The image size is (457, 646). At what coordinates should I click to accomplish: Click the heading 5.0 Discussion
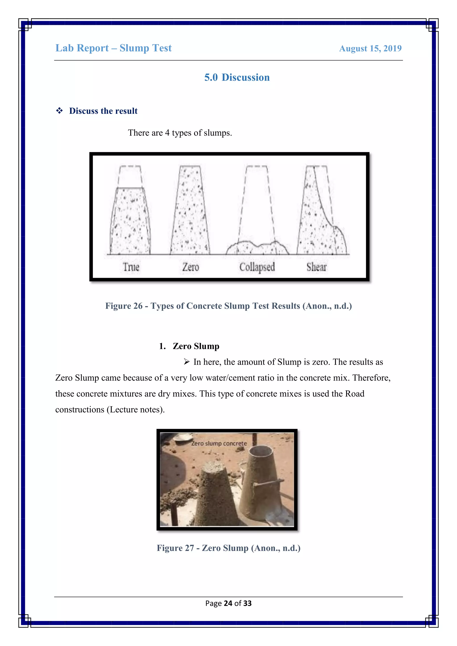click(237, 77)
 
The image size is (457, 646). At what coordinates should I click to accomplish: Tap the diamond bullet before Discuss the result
click(59, 111)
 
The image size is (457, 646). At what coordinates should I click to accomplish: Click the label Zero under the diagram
click(191, 267)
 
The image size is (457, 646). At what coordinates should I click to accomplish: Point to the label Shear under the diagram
click(317, 267)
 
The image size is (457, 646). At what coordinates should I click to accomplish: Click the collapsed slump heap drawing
click(257, 248)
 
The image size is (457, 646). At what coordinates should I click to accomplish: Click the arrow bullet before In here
click(187, 362)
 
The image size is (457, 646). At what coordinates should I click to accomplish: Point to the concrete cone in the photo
click(217, 495)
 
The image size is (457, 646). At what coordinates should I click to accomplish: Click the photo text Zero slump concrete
click(219, 443)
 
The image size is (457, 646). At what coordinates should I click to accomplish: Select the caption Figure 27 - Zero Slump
click(228, 548)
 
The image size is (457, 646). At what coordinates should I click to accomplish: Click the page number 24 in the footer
click(228, 603)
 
